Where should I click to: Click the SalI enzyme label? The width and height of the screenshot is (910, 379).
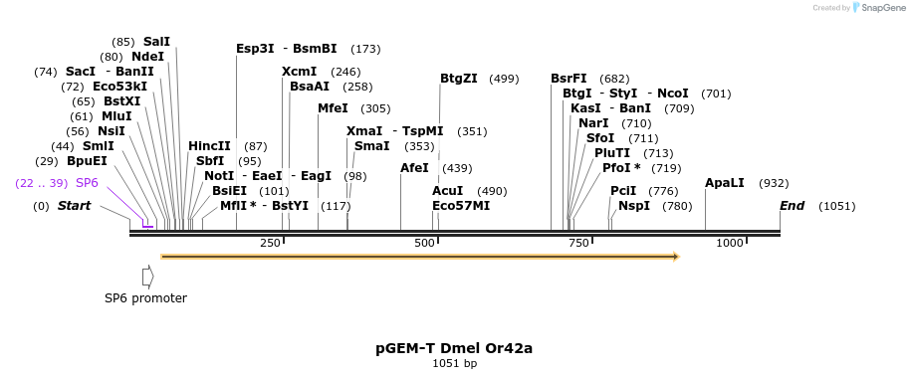click(x=156, y=42)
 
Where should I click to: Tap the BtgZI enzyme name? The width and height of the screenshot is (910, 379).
click(x=459, y=79)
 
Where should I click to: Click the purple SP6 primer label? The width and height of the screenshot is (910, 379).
click(x=87, y=183)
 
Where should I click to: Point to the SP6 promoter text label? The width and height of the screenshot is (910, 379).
click(x=145, y=297)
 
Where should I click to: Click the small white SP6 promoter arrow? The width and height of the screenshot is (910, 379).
click(x=148, y=275)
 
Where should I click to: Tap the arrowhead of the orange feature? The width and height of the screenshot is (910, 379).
click(x=676, y=257)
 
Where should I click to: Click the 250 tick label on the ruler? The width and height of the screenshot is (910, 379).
click(x=270, y=244)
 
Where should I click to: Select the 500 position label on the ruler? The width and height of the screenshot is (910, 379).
click(x=425, y=244)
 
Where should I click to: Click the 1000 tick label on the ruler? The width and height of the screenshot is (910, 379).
click(x=730, y=244)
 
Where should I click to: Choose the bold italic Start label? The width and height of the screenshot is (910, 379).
click(x=74, y=206)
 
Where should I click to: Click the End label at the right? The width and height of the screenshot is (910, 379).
click(x=792, y=206)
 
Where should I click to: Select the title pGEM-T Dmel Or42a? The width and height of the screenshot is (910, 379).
click(x=454, y=348)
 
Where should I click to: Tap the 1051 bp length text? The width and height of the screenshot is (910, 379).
click(x=454, y=364)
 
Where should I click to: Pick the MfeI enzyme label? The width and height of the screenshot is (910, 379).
click(x=333, y=108)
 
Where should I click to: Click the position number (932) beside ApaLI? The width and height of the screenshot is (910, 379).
click(x=774, y=183)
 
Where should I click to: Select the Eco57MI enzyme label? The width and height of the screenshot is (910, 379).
click(x=461, y=206)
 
